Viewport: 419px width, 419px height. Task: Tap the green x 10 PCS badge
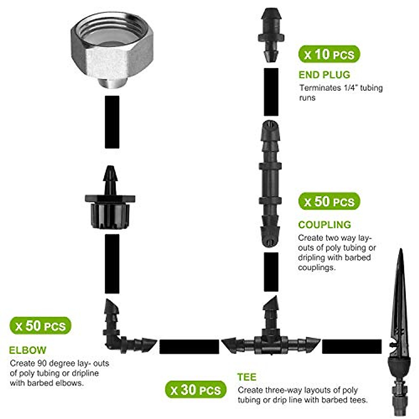click(x=329, y=54)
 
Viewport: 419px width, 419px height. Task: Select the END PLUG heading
click(x=324, y=75)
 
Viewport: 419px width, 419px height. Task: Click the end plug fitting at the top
click(x=271, y=35)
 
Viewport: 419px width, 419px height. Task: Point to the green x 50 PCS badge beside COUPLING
click(x=329, y=201)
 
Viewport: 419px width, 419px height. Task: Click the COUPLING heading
click(x=324, y=225)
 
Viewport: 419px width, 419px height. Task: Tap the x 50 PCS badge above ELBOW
click(x=41, y=326)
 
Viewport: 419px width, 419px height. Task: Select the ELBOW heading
click(x=28, y=350)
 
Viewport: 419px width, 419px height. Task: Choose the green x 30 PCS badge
click(x=196, y=390)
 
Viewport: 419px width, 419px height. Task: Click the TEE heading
click(x=247, y=377)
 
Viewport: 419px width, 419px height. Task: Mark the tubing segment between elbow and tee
click(x=189, y=346)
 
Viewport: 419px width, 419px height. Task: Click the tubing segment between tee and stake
click(x=351, y=346)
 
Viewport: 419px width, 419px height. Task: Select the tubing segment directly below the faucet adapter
click(x=112, y=122)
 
